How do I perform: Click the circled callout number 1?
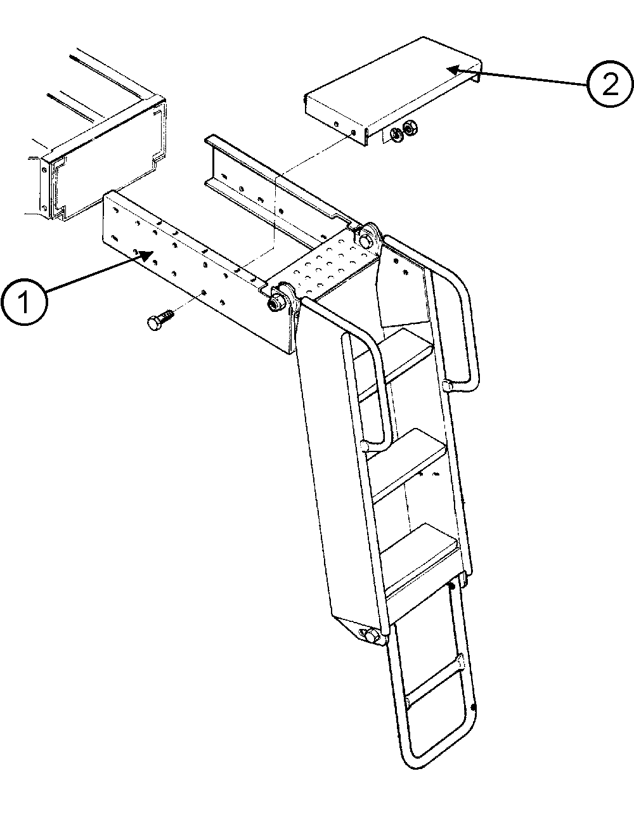[24, 302]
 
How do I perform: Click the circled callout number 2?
[610, 84]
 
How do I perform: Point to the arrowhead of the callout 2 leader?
[455, 69]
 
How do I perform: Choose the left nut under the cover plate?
[396, 134]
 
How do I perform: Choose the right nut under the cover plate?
[409, 127]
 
